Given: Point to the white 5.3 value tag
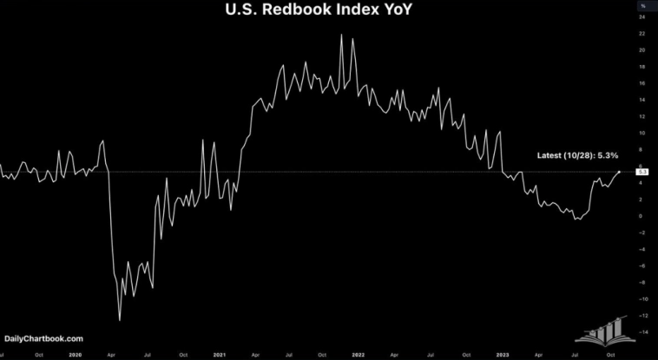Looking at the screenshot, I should click(642, 172).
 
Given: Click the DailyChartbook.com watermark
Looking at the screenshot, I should click(44, 338).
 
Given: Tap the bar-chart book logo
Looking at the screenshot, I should click(604, 328).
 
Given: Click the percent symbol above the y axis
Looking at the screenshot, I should click(642, 6).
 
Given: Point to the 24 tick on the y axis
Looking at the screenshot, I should click(642, 17).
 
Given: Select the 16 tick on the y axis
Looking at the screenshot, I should click(642, 83).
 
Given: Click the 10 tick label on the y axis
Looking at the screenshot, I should click(642, 133).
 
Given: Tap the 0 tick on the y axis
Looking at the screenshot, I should click(642, 215).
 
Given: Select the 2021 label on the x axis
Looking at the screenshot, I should click(220, 354).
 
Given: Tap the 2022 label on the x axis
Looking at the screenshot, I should click(357, 354).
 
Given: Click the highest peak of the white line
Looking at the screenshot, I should click(341, 34).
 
